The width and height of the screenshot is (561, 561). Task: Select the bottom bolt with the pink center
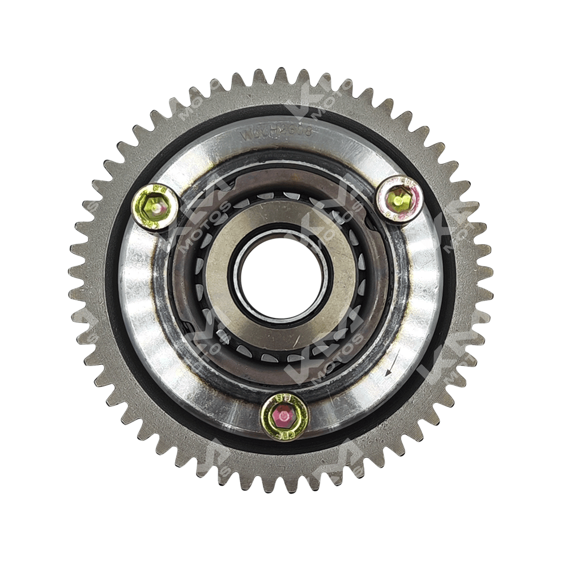point(284,416)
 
